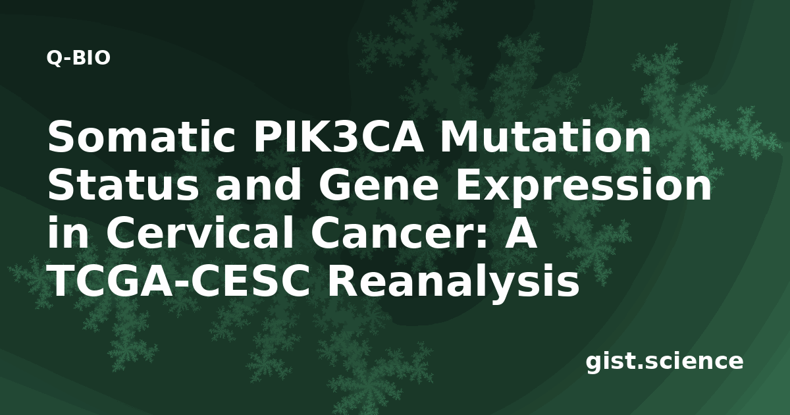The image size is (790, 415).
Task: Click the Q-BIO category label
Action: click(x=78, y=58)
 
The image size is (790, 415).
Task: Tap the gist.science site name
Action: click(x=664, y=362)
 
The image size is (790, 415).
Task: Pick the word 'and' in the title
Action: click(x=258, y=185)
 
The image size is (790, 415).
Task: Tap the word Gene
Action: click(x=379, y=185)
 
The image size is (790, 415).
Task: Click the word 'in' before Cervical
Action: click(x=68, y=233)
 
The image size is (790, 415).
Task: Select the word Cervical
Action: click(x=200, y=233)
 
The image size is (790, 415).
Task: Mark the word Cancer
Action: click(x=393, y=233)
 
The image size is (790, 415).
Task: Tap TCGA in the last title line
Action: click(x=111, y=281)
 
